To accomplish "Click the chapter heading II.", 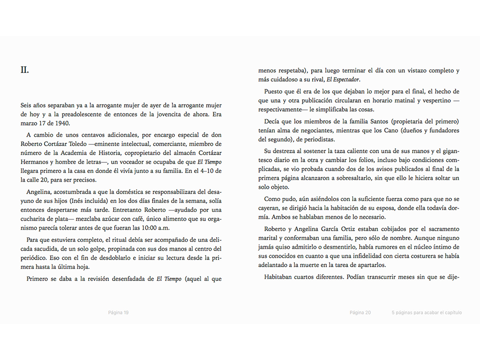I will [x=25, y=70].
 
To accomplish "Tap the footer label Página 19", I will [x=118, y=313].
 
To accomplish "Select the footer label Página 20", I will [x=360, y=313].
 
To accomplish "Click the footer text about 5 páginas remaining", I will [x=427, y=313].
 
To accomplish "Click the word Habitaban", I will [x=279, y=277].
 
